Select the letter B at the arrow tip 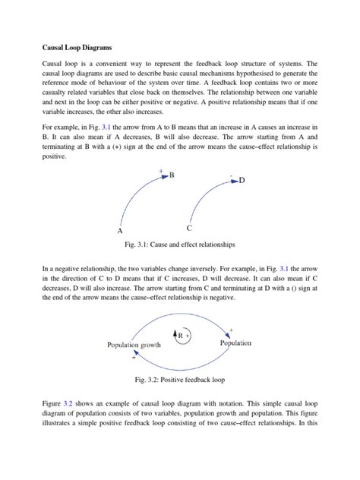172,175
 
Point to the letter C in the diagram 188,228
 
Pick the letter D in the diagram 242,180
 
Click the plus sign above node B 161,170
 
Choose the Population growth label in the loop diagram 134,343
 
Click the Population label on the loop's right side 235,343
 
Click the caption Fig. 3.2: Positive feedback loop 180,379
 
